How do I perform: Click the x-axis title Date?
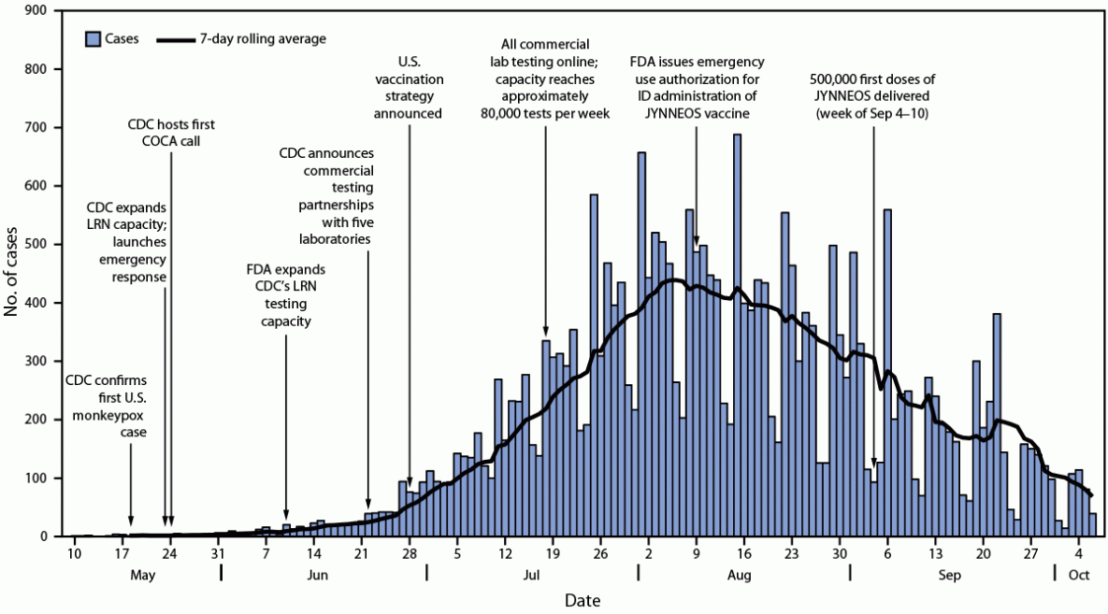582,599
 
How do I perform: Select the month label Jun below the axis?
316,575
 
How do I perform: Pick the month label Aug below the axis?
741,575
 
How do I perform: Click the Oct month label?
1080,575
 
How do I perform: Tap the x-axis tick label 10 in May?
73,552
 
